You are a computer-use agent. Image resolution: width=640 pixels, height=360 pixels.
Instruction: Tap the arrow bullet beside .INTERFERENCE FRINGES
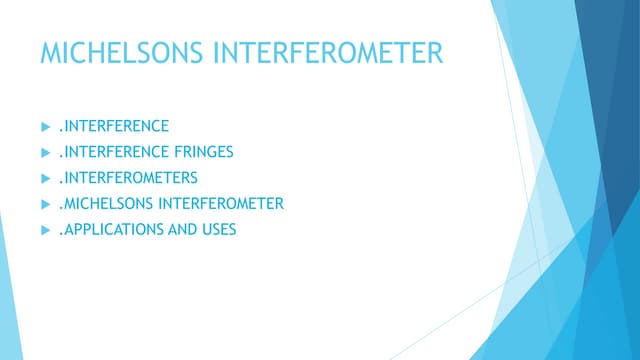[43, 152]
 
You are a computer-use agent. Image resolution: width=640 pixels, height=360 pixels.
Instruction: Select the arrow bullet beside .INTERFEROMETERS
[43, 178]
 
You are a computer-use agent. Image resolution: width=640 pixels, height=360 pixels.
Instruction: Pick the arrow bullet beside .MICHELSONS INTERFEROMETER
[43, 204]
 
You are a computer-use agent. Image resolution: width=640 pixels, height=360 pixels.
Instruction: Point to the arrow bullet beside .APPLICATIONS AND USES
[43, 230]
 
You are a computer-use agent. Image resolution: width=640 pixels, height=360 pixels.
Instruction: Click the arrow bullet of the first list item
[43, 126]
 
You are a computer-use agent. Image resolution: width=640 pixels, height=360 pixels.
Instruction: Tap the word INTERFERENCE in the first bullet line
[113, 126]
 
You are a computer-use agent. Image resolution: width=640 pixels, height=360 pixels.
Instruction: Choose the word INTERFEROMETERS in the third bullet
[127, 178]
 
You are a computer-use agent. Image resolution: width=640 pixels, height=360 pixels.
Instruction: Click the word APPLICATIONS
[108, 230]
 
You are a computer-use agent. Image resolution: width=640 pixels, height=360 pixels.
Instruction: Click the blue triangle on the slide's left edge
[8, 300]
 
